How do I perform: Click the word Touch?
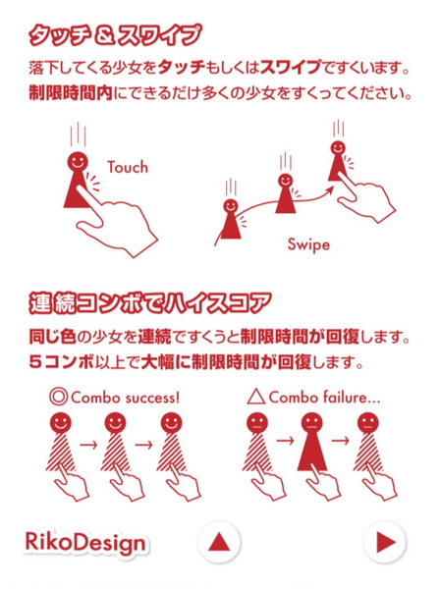pyautogui.click(x=128, y=167)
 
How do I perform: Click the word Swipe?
pyautogui.click(x=308, y=245)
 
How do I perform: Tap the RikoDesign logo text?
pyautogui.click(x=85, y=543)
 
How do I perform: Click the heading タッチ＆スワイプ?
pyautogui.click(x=115, y=36)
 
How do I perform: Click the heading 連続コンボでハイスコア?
pyautogui.click(x=150, y=302)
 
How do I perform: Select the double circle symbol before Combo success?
pyautogui.click(x=58, y=397)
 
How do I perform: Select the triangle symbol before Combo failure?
pyautogui.click(x=256, y=397)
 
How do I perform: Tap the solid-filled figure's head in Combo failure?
pyautogui.click(x=312, y=423)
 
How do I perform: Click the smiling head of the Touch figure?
pyautogui.click(x=78, y=162)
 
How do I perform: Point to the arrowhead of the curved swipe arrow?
pyautogui.click(x=330, y=189)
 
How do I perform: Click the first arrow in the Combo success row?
pyautogui.click(x=89, y=445)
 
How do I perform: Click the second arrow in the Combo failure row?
pyautogui.click(x=341, y=440)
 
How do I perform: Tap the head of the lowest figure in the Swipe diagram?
pyautogui.click(x=231, y=206)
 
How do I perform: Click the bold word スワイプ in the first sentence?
pyautogui.click(x=291, y=68)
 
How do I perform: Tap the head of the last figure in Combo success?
pyautogui.click(x=171, y=423)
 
